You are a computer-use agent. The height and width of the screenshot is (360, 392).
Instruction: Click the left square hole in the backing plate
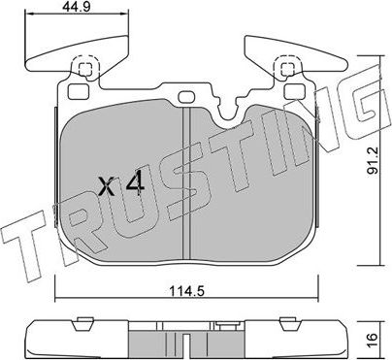pyautogui.click(x=84, y=69)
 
